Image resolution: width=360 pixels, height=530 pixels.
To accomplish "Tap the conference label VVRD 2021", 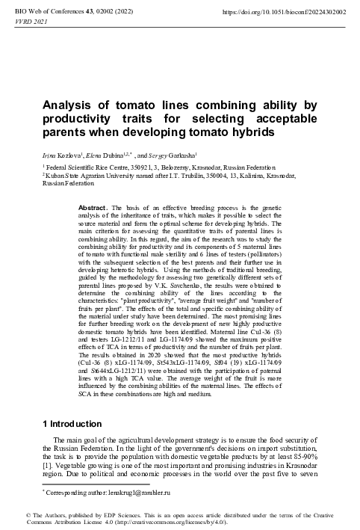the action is [25, 23].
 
